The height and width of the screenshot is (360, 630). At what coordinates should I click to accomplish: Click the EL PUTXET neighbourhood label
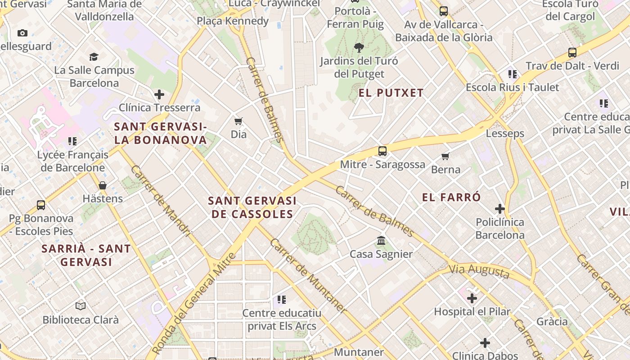pos(391,93)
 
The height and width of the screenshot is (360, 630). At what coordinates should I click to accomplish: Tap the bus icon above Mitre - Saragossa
pos(382,151)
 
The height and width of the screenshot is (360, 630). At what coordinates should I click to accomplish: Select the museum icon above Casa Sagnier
pos(381,241)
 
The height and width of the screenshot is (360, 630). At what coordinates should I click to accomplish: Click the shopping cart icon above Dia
pos(238,121)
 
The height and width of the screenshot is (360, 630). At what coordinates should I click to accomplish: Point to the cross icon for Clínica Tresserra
pos(159,94)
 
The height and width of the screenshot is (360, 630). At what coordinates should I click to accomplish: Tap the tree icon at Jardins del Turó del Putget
pos(359,47)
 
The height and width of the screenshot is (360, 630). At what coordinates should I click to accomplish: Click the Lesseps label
pos(505,134)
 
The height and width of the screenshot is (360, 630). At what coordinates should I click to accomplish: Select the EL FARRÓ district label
pos(451,197)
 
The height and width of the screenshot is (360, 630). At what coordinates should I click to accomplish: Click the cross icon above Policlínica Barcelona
pos(499,209)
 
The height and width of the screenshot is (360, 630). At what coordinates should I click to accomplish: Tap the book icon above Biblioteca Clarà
pos(81,306)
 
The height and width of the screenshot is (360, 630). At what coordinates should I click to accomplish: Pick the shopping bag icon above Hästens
pos(103,185)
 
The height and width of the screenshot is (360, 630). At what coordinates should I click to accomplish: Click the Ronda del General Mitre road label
pos(194,303)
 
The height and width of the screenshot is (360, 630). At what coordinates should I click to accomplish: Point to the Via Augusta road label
pos(479,271)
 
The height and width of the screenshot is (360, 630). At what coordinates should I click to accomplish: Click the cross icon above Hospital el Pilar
pos(472,298)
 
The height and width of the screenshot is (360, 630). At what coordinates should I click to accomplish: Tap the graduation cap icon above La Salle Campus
pos(94,57)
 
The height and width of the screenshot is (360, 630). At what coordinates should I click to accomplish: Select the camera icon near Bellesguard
pos(22,33)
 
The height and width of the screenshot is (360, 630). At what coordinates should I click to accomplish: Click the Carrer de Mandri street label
pos(161,201)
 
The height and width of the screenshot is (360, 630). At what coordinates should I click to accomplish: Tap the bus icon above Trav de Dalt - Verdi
pos(572,53)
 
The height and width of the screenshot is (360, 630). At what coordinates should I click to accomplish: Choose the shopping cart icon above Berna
pos(445,156)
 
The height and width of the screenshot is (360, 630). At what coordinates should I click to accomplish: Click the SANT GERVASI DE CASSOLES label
pos(252,207)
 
